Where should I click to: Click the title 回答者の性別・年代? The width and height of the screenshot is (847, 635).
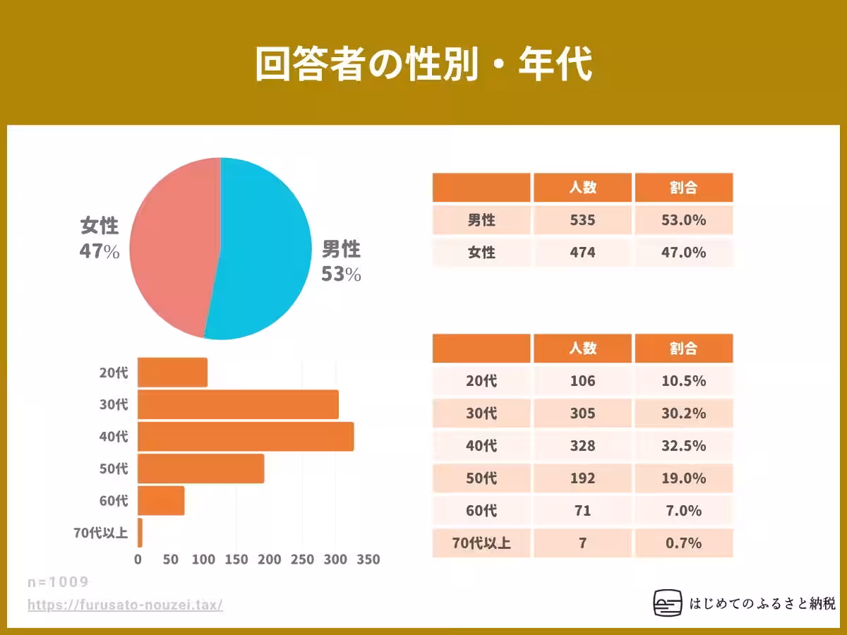click(423, 65)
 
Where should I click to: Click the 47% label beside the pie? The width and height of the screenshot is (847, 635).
click(100, 251)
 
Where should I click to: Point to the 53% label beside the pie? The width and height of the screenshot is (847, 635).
click(341, 274)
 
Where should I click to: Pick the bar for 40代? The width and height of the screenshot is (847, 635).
click(246, 436)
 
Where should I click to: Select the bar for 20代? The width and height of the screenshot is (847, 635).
click(173, 372)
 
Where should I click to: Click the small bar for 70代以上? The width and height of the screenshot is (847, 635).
click(140, 533)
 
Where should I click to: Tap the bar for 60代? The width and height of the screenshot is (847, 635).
click(161, 500)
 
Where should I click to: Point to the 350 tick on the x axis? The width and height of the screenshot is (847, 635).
click(368, 560)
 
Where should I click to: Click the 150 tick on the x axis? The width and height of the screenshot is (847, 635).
click(236, 560)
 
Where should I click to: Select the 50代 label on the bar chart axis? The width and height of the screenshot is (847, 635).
click(114, 468)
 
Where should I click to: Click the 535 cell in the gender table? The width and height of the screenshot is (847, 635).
click(582, 220)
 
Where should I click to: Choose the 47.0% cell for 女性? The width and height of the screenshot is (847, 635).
click(683, 252)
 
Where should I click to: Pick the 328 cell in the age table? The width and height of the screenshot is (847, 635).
click(582, 446)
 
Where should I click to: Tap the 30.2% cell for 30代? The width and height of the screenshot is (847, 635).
click(683, 413)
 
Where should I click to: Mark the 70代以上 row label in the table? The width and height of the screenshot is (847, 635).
click(481, 543)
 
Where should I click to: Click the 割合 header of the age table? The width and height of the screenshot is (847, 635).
click(683, 348)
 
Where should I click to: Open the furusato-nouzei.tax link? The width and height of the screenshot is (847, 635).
click(125, 605)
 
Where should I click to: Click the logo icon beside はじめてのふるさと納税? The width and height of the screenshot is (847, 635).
click(668, 603)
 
